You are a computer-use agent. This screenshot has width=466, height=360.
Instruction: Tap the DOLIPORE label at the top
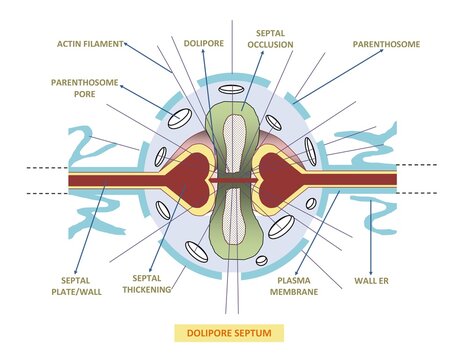(203, 43)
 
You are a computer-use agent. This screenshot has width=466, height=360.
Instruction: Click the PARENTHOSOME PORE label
(77, 88)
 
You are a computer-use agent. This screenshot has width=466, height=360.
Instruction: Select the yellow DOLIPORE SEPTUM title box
(231, 331)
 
